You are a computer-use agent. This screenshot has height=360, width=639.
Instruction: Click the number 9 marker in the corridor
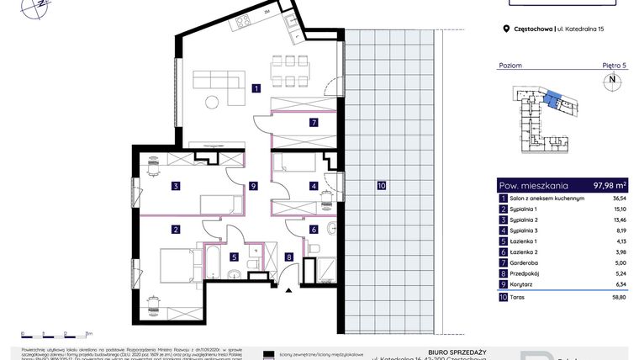click(252, 186)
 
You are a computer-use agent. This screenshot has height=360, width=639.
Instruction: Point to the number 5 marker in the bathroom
click(235, 257)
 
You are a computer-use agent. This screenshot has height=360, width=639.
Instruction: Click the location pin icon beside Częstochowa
click(505, 29)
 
